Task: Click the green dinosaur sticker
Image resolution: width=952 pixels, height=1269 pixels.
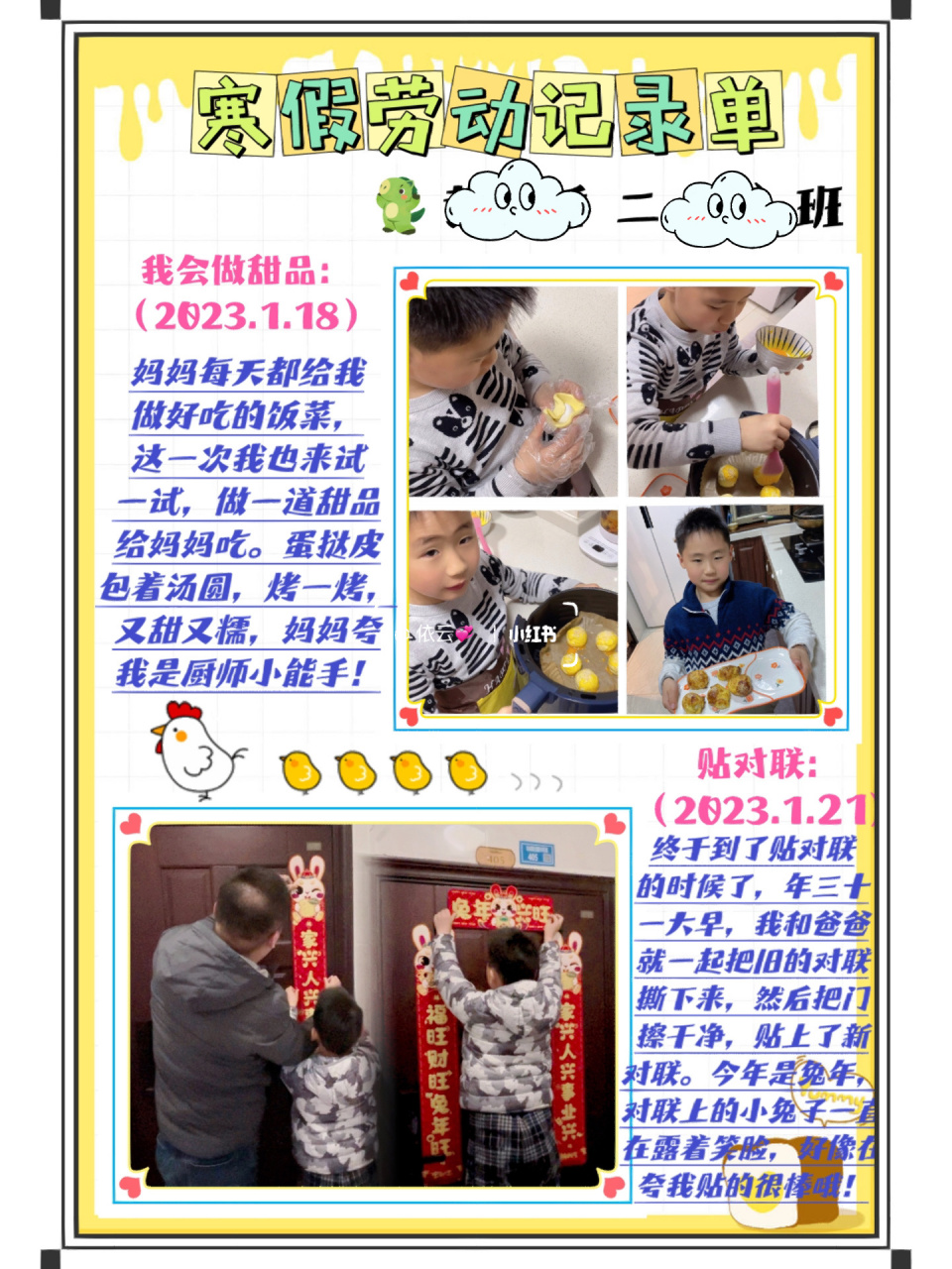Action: (x=399, y=205)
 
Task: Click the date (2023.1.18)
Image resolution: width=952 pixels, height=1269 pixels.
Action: (x=247, y=315)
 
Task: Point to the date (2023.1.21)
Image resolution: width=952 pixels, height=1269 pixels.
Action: (x=764, y=810)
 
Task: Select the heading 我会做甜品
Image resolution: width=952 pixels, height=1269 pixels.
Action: (x=235, y=270)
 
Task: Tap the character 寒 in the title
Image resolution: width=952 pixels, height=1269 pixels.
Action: (x=233, y=115)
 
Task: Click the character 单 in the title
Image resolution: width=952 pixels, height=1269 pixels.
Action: (x=738, y=115)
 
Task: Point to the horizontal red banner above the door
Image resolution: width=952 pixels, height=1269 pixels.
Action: (x=500, y=909)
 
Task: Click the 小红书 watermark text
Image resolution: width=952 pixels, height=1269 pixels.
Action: (x=533, y=634)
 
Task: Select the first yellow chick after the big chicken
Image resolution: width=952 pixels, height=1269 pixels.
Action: (x=300, y=770)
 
